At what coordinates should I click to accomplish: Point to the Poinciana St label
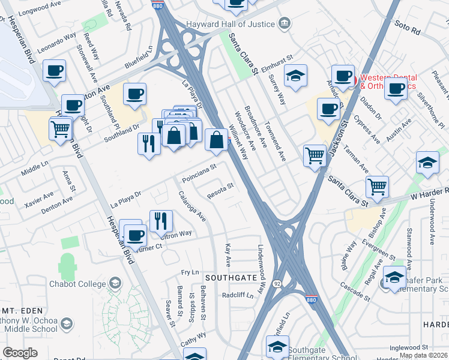(199, 173)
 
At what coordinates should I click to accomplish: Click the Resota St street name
(220, 190)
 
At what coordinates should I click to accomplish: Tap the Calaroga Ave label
(193, 206)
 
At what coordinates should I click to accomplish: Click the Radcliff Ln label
(238, 295)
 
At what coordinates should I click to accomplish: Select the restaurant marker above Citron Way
(160, 221)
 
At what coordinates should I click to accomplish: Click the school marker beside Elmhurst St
(295, 76)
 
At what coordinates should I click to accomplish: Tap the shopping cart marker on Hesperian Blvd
(61, 128)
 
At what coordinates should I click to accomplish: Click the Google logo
(20, 353)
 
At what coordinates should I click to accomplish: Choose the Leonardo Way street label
(57, 43)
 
